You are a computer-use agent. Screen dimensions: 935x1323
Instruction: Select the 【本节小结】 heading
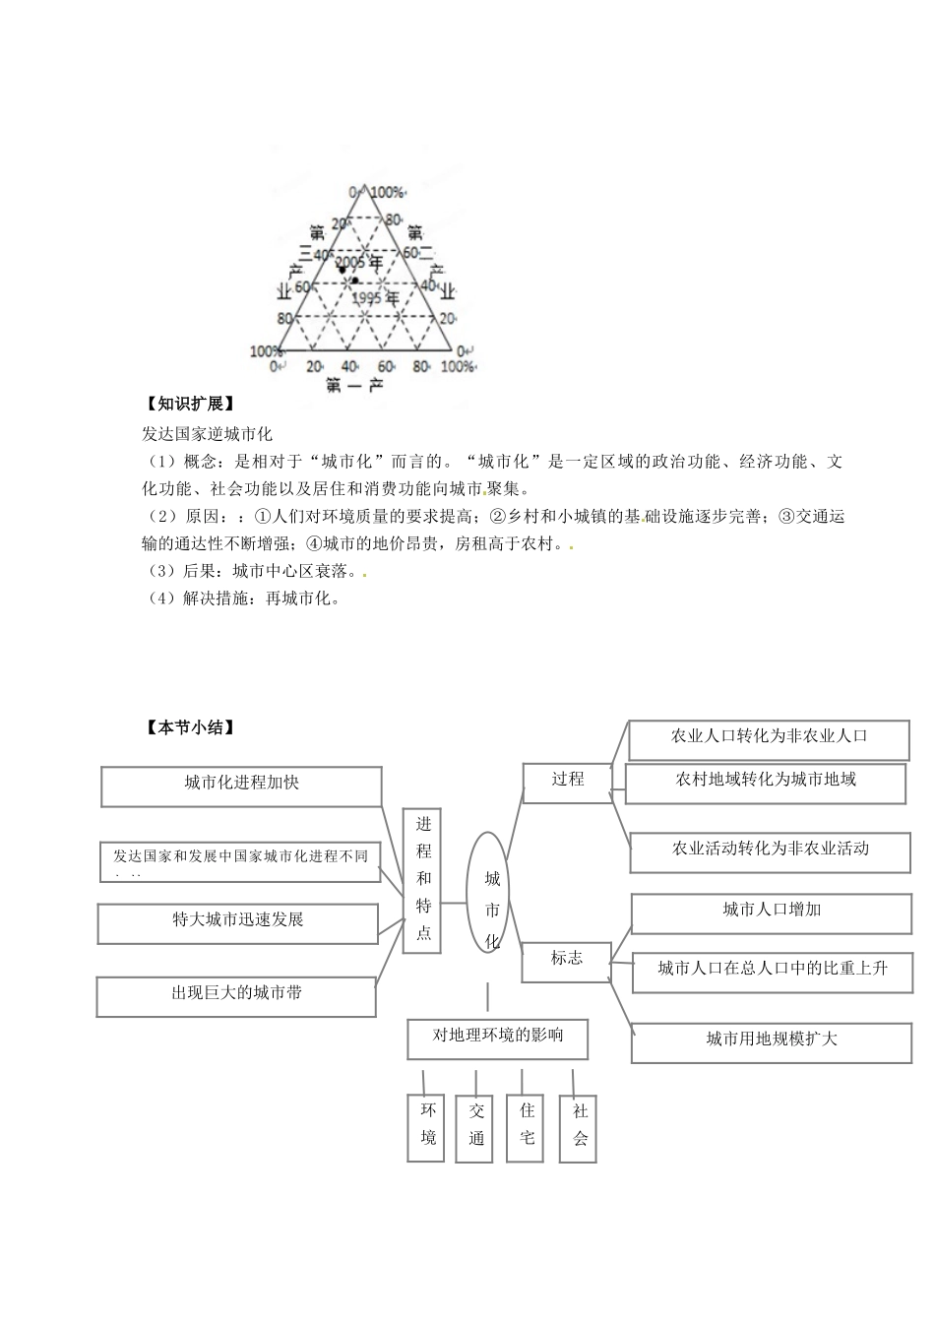[188, 727]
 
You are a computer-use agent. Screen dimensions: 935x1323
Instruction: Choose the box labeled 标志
[567, 960]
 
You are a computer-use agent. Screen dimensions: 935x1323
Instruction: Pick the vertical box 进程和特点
[422, 879]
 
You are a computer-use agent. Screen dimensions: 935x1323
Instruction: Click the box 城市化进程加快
[241, 786]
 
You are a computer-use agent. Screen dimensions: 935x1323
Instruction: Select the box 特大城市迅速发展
[238, 922]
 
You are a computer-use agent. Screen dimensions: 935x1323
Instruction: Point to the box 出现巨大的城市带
[236, 995]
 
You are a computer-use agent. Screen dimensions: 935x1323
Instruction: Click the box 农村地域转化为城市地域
[765, 782]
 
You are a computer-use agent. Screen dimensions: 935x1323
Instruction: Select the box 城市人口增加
[771, 912]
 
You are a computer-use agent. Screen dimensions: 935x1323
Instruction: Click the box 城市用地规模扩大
[771, 1040]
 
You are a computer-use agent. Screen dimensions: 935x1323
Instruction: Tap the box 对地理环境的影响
[498, 1038]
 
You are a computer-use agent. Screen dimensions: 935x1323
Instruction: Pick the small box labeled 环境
[427, 1126]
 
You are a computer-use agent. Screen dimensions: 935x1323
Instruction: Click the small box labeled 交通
[476, 1127]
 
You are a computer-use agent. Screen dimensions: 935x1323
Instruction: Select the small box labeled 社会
[580, 1127]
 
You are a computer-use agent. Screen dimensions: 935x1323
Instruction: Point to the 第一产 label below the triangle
[353, 386]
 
